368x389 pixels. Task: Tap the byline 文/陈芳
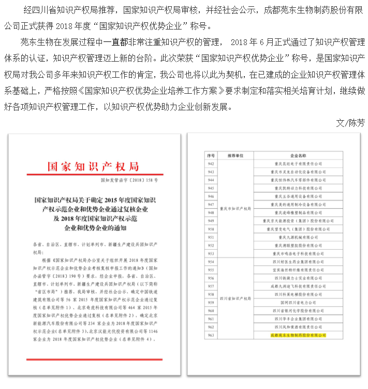(x=350, y=123)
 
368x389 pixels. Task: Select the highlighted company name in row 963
(x=297, y=335)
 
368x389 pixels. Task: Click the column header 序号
(x=211, y=155)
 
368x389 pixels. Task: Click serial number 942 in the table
(x=211, y=163)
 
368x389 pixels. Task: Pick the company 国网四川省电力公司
(x=297, y=302)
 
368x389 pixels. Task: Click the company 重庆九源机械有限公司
(x=297, y=237)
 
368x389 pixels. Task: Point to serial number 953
(x=211, y=253)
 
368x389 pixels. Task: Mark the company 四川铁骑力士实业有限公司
(x=297, y=278)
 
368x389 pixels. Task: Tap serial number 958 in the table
(x=211, y=294)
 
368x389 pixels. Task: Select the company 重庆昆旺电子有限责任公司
(x=297, y=163)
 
